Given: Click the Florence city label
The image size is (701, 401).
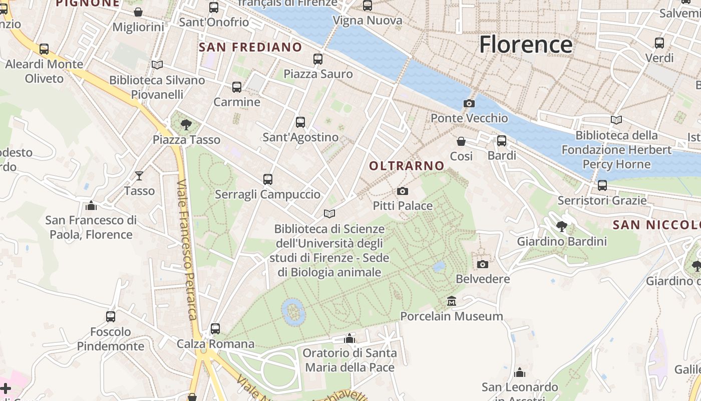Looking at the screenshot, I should click(x=526, y=45).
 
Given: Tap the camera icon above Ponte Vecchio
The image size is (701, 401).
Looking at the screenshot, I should click(x=469, y=104).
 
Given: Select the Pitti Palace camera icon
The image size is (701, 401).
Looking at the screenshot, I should click(x=402, y=191).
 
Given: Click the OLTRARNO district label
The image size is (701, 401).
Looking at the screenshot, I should click(x=407, y=166).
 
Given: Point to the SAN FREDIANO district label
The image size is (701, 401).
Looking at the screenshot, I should click(x=250, y=48).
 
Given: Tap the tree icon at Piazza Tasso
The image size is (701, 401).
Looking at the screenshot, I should click(x=186, y=124).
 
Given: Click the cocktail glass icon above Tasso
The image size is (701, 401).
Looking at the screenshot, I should click(x=139, y=176).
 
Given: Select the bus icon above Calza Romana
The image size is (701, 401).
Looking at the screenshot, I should click(x=215, y=329).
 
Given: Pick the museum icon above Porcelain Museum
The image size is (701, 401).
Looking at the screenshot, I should click(x=452, y=301).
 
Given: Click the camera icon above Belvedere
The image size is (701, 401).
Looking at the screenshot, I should click(x=483, y=264).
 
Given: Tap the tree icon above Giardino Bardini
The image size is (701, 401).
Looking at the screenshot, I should click(x=562, y=227).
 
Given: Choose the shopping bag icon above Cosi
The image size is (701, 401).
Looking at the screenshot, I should click(x=461, y=141).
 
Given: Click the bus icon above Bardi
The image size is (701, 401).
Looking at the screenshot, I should click(x=502, y=141).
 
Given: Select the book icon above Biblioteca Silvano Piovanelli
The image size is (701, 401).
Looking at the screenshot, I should click(x=157, y=65).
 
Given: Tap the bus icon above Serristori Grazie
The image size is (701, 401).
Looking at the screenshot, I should click(x=602, y=185).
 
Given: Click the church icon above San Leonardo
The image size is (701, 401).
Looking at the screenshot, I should click(x=520, y=372).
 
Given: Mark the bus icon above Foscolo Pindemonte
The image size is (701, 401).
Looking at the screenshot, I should click(x=111, y=317).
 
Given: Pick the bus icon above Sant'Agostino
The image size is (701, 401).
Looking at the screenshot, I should click(x=300, y=122).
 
